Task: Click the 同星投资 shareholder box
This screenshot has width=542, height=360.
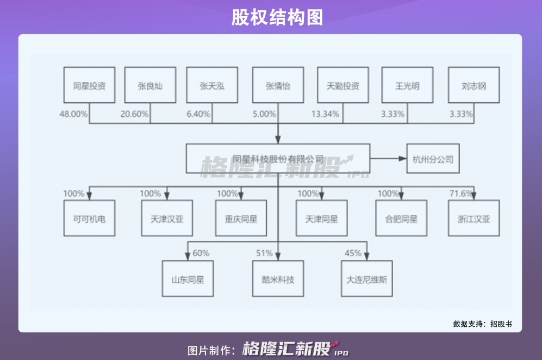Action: tap(89, 85)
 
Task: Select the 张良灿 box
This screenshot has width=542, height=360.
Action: tap(150, 85)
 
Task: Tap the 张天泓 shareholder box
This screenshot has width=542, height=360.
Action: tap(211, 85)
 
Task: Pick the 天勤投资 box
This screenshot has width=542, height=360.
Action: tap(343, 85)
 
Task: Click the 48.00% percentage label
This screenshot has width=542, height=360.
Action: tap(73, 114)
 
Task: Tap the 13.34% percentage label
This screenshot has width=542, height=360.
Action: tap(325, 114)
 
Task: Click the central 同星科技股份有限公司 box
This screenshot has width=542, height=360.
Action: tap(278, 159)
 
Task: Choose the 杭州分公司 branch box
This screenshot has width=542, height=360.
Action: tap(433, 159)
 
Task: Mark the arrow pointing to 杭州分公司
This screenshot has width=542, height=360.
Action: tap(388, 159)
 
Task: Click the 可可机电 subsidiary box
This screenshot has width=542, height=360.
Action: tap(89, 218)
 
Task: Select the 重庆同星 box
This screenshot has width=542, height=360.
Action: tap(241, 218)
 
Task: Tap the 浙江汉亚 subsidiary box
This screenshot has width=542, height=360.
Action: tap(474, 218)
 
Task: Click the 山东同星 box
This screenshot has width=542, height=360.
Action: tap(188, 278)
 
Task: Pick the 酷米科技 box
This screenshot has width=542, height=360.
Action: tap(277, 278)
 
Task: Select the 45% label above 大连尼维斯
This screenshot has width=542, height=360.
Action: tap(353, 253)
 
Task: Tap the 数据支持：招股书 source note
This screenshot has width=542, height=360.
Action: tap(482, 324)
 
